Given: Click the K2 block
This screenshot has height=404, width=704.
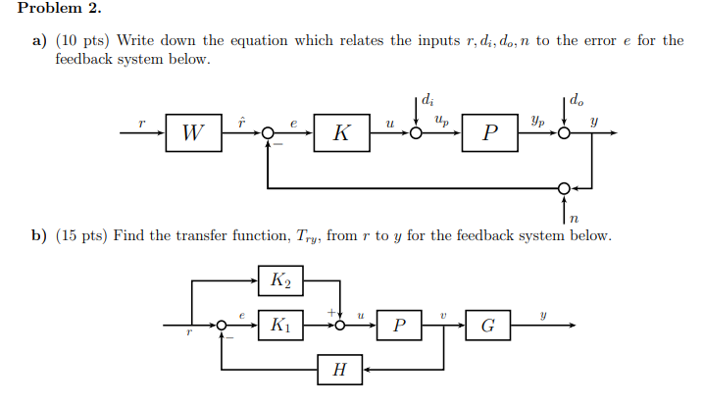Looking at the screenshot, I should click(279, 281).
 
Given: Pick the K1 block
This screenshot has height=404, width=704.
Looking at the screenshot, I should click(279, 325).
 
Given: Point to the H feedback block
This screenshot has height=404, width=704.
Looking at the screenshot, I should click(340, 370).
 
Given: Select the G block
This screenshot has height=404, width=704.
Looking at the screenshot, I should click(487, 325).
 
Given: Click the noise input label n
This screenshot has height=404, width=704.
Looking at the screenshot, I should click(574, 219).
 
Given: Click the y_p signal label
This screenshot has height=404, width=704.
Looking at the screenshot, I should click(537, 123).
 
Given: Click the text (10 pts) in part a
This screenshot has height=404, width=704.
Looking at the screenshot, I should click(86, 41).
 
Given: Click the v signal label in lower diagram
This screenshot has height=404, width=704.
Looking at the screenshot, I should click(443, 315).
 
